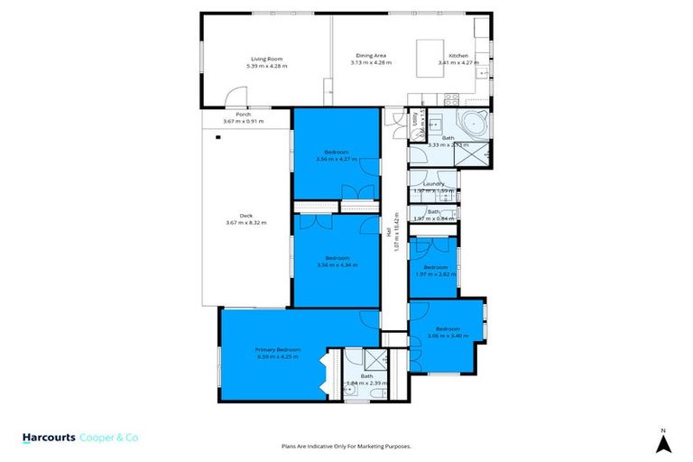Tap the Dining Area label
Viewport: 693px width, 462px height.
click(371, 56)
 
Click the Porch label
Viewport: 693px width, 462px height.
click(243, 115)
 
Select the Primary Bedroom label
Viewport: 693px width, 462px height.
click(277, 349)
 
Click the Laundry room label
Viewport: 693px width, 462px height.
click(434, 183)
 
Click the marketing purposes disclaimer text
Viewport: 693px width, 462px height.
click(346, 446)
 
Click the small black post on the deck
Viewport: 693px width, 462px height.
click(217, 137)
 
